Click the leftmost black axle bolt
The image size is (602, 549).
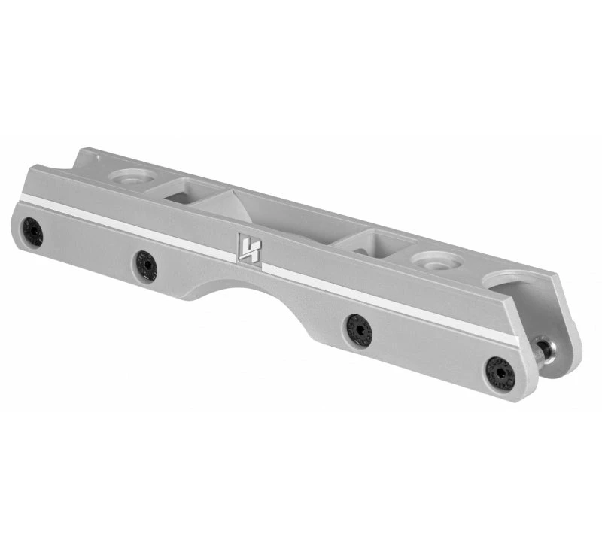point(32,232)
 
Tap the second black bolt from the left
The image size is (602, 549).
point(145,265)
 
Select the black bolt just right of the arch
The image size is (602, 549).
point(358,331)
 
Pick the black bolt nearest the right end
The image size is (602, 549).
point(500,373)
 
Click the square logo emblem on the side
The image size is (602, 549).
point(249,248)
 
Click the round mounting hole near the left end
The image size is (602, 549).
point(132,177)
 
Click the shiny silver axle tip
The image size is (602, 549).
point(542,351)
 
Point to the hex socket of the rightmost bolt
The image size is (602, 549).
point(500,373)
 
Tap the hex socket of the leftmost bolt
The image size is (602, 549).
point(32,232)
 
